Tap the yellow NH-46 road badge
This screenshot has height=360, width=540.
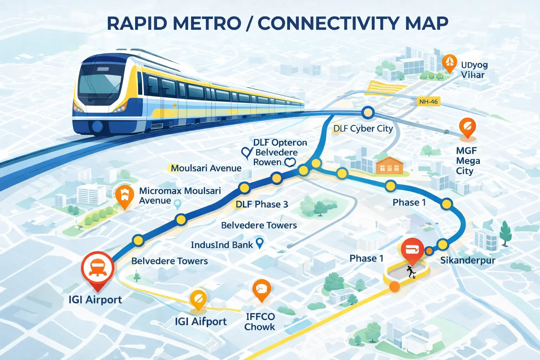coord(428,102)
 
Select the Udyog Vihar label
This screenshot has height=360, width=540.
coord(474,70)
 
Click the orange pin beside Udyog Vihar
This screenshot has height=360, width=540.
coord(449,63)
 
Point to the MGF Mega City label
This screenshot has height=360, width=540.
coord(468,161)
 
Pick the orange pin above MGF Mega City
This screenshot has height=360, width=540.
coord(467,127)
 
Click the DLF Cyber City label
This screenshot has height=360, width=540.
coord(363,129)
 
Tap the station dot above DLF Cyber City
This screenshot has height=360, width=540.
coord(368,113)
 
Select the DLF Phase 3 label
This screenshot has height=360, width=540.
coord(262,204)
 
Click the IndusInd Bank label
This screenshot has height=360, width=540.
coord(221,245)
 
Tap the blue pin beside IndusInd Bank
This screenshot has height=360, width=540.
coord(259,243)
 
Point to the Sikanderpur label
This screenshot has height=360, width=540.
coord(468,260)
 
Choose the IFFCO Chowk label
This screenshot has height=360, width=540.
coord(260,322)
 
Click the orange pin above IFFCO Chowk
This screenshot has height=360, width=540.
coord(261,290)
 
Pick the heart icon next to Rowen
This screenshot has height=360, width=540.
coord(290,162)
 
